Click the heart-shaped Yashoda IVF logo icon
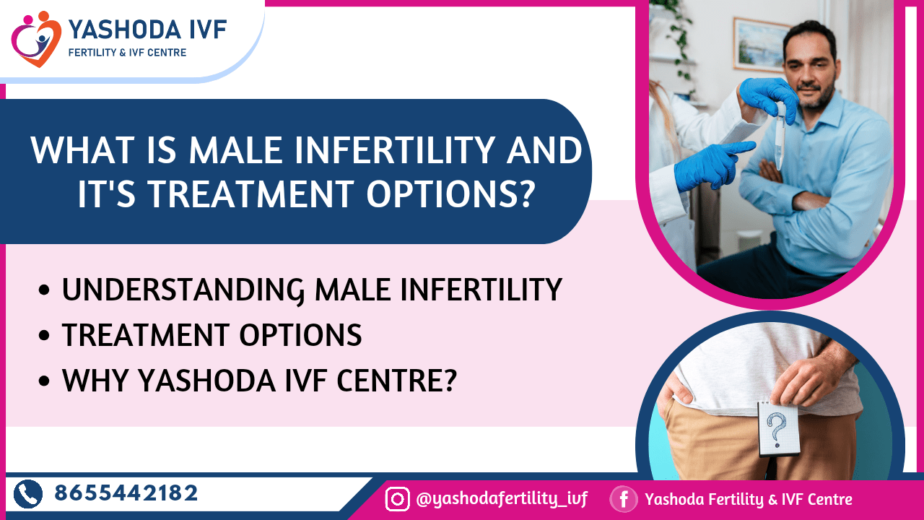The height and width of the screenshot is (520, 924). coord(36,39)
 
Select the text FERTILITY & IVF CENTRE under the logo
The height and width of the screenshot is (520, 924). coord(128,53)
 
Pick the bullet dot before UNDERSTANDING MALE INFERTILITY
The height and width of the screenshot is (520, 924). coord(44,290)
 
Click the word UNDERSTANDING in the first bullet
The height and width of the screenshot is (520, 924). coord(183,290)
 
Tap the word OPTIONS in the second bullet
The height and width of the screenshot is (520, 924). coord(301,334)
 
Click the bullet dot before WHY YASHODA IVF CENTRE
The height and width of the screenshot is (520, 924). coord(44,380)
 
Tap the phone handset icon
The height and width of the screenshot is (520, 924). coord(28,494)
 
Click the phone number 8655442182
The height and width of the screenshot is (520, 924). coord(126,493)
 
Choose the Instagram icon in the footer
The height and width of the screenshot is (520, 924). coord(397,499)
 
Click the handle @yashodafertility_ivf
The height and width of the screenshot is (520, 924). coord(502,499)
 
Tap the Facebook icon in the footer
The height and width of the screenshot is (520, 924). coord(624,499)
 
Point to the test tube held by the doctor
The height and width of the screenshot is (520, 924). coord(780,136)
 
